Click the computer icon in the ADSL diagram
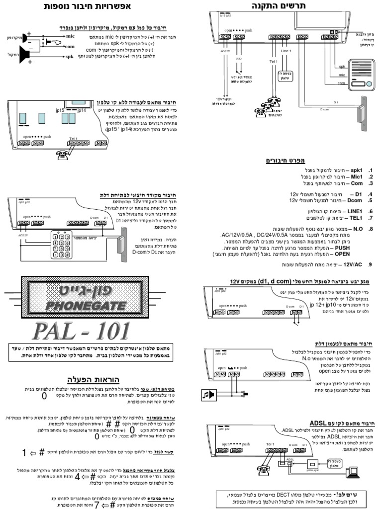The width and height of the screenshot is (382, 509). pyautogui.click(x=354, y=473)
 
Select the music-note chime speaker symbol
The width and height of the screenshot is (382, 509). pyautogui.click(x=207, y=395)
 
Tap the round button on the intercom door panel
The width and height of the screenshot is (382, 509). pyautogui.click(x=369, y=82)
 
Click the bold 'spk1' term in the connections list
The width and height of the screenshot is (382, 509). pyautogui.click(x=358, y=169)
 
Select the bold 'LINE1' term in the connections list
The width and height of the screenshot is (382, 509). pyautogui.click(x=356, y=211)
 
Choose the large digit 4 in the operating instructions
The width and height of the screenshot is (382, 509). pyautogui.click(x=78, y=476)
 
